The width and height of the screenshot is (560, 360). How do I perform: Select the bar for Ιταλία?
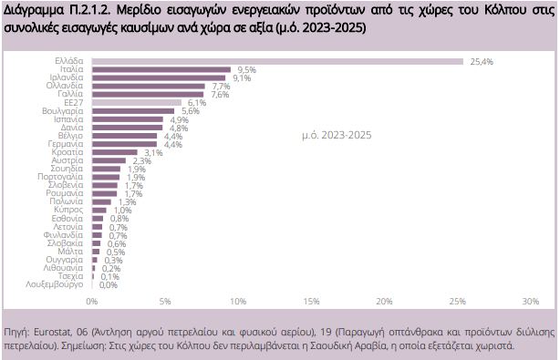[161, 69]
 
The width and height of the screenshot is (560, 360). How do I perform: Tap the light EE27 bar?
[136, 103]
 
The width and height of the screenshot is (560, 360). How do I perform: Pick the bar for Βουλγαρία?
[132, 111]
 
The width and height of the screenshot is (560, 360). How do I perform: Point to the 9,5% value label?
[246, 69]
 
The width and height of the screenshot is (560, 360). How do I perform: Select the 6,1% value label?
[196, 103]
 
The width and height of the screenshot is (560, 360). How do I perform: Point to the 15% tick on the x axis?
[311, 301]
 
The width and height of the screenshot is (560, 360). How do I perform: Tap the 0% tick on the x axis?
[91, 301]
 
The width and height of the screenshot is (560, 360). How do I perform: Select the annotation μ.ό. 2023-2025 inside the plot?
[336, 136]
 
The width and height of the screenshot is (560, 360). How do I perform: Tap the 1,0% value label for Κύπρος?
[122, 211]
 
